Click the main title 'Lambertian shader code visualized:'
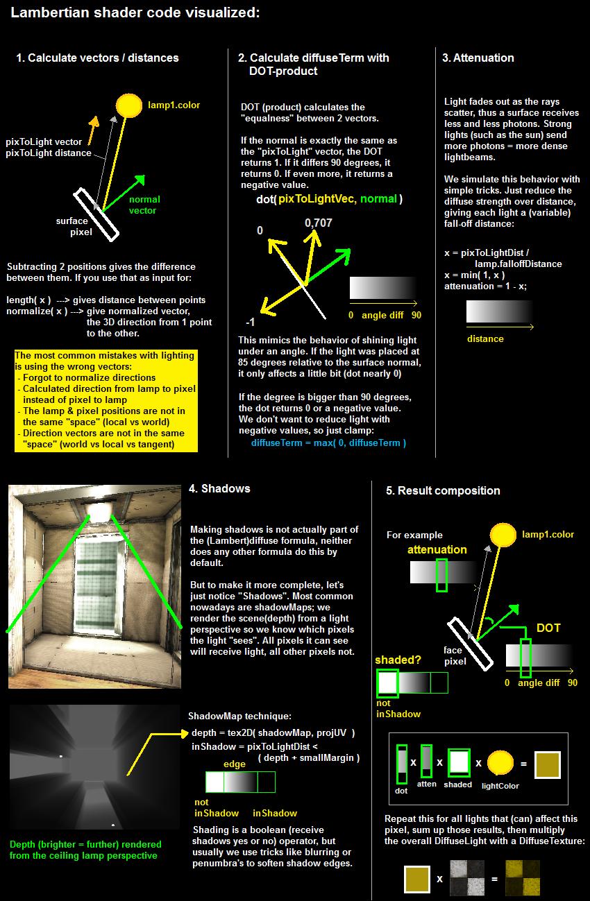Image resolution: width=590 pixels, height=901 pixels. pyautogui.click(x=135, y=13)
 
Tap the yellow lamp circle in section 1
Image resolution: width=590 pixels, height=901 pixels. pyautogui.click(x=128, y=105)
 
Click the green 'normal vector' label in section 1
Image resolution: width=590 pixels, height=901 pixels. pyautogui.click(x=144, y=205)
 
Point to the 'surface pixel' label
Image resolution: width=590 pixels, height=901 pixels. pyautogui.click(x=74, y=227)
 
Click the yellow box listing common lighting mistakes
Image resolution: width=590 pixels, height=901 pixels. pyautogui.click(x=106, y=400)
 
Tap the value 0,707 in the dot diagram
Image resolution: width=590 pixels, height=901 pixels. pyautogui.click(x=318, y=223)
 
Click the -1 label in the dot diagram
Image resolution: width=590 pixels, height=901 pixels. pyautogui.click(x=251, y=323)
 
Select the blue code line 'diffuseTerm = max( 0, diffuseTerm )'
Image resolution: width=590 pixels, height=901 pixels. pyautogui.click(x=328, y=443)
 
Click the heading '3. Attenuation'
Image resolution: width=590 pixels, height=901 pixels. pyautogui.click(x=478, y=58)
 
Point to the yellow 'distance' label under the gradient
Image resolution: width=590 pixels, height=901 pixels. pyautogui.click(x=485, y=338)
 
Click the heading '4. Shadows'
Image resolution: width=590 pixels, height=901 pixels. pyautogui.click(x=219, y=488)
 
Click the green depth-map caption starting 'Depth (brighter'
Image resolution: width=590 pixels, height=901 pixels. pyautogui.click(x=85, y=850)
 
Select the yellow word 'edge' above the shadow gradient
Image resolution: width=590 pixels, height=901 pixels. pyautogui.click(x=234, y=764)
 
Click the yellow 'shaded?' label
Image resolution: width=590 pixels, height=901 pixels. pyautogui.click(x=398, y=660)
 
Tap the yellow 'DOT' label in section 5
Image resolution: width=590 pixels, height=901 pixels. pyautogui.click(x=548, y=628)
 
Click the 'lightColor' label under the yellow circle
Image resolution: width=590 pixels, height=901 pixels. pyautogui.click(x=500, y=786)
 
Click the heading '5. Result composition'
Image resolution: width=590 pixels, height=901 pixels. pyautogui.click(x=443, y=490)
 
